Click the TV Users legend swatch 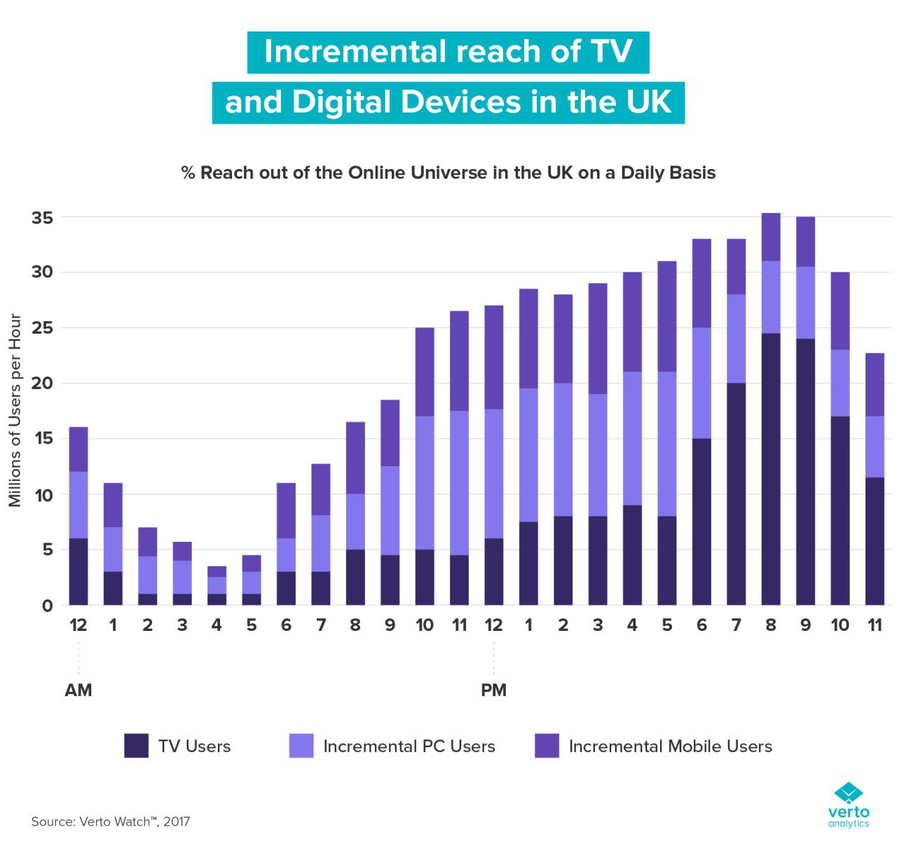tap(136, 746)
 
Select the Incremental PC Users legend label tap(409, 747)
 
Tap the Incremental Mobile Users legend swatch tap(547, 746)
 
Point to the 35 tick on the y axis tap(42, 218)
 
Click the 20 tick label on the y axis tap(42, 383)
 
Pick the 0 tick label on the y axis tap(47, 606)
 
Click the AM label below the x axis tap(78, 690)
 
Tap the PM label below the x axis tap(493, 690)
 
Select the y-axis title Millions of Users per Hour tap(15, 410)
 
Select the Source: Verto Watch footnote tap(111, 822)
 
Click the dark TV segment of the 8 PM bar tap(771, 470)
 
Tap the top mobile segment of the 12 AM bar tap(78, 449)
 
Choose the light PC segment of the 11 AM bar tap(459, 483)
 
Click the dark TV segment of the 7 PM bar tap(736, 494)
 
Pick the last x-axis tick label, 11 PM tap(875, 625)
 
